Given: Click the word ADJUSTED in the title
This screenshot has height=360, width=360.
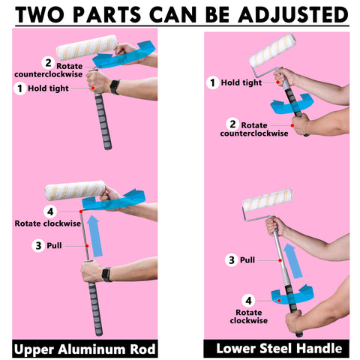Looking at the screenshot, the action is [x=293, y=15].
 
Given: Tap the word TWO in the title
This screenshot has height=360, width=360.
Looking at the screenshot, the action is [x=40, y=15].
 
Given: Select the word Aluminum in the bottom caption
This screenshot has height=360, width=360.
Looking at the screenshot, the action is [x=91, y=349].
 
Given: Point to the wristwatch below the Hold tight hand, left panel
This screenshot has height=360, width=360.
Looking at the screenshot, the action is [x=115, y=87].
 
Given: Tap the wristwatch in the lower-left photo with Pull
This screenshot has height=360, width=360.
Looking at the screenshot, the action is [x=107, y=274].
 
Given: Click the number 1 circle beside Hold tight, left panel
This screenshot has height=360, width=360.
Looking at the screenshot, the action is [x=20, y=88].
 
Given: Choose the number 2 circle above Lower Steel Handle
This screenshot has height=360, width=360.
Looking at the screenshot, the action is [x=232, y=124].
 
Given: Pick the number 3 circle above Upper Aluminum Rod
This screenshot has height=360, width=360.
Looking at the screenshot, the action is [x=38, y=245].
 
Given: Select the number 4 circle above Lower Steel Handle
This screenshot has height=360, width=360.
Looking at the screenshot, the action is [x=248, y=301].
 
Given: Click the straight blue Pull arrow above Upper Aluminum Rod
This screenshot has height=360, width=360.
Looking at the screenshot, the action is [x=95, y=236].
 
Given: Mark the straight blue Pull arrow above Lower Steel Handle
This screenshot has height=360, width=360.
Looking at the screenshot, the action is [x=293, y=261].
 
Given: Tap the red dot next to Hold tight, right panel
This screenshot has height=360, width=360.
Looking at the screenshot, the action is [x=277, y=82].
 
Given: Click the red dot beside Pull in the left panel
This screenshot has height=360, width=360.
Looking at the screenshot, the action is [x=87, y=246].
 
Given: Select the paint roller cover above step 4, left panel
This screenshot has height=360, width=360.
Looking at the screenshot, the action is [x=75, y=190].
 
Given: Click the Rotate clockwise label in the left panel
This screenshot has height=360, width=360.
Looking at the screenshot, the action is [x=48, y=223].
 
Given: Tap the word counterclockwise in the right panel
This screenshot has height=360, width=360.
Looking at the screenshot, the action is [x=254, y=133].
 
